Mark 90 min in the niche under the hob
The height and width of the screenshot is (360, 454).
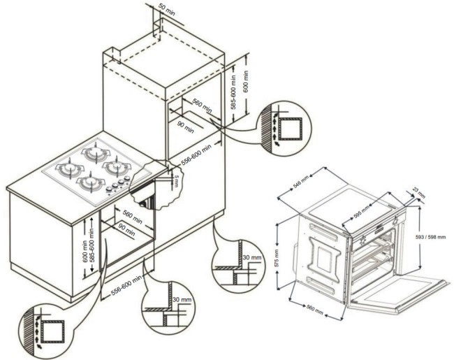(126, 231)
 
